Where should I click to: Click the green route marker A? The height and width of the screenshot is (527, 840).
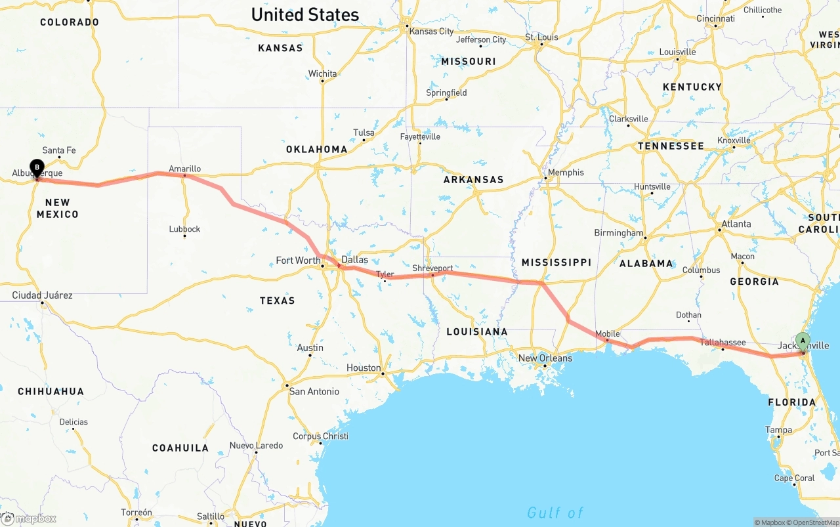[x=803, y=341]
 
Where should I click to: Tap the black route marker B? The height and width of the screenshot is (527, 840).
[x=37, y=167]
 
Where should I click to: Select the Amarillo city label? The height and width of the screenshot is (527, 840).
[x=184, y=169]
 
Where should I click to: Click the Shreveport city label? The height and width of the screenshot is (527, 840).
[x=432, y=268]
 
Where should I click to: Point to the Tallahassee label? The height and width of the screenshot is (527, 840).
[x=723, y=342]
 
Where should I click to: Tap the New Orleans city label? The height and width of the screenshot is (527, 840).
[x=545, y=358]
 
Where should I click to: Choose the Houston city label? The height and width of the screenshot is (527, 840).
[x=364, y=368]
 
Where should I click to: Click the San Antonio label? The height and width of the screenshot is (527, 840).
[x=314, y=391]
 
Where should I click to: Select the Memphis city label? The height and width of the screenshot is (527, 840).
[x=565, y=173]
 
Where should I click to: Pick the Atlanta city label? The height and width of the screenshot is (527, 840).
[x=736, y=224]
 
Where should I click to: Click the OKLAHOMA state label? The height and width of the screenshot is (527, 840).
[x=316, y=149]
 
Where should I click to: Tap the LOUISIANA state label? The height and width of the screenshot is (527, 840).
[x=477, y=331]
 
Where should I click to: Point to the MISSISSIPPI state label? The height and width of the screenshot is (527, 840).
[x=556, y=262]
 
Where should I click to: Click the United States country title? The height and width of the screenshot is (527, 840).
[x=305, y=14]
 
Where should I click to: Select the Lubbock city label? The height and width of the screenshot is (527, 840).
[x=184, y=229]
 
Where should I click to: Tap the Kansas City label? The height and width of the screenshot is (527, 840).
[x=431, y=31]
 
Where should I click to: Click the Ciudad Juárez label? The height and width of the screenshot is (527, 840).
[x=42, y=295]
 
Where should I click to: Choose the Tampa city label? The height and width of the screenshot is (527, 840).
[x=778, y=430]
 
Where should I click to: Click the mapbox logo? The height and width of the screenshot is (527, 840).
[x=29, y=518]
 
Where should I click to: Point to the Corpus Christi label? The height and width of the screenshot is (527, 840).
[x=321, y=436]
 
